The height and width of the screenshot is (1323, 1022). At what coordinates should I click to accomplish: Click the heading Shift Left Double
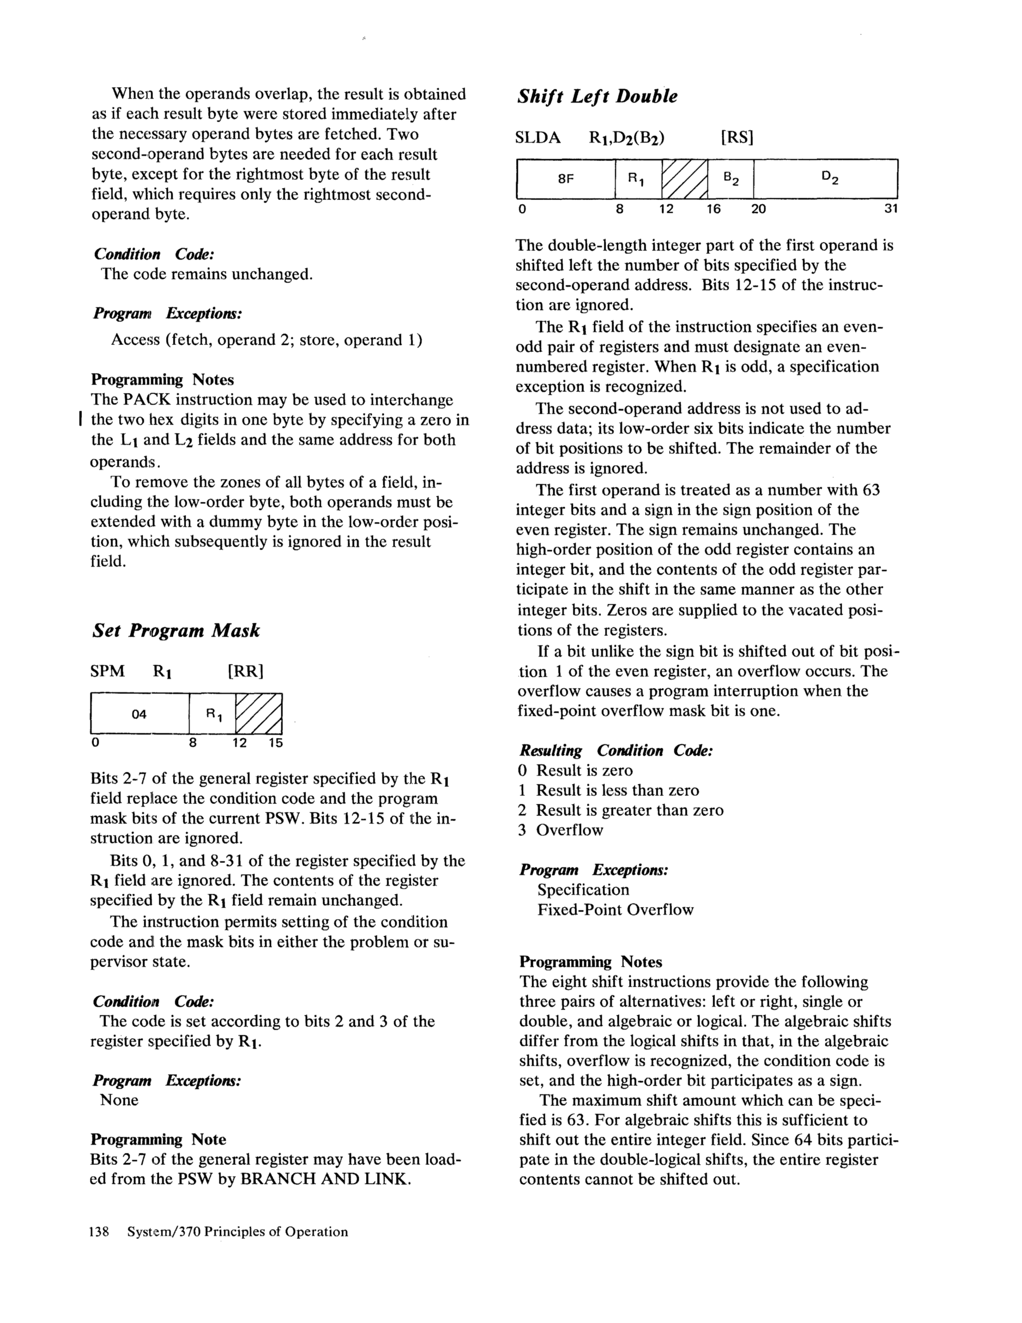597,96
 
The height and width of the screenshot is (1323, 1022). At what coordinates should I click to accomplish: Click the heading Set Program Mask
176,631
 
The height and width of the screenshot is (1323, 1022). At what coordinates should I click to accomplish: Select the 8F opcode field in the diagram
565,179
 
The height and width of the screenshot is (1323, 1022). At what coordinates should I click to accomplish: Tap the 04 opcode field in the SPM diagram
139,714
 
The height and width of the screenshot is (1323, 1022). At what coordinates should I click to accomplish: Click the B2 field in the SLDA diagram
731,179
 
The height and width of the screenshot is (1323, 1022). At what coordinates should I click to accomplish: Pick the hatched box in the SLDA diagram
685,179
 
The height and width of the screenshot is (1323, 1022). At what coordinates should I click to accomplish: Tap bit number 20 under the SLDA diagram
758,210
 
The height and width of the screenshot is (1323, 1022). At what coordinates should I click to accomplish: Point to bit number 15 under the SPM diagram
276,743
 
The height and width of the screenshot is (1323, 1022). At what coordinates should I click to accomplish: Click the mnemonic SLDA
538,138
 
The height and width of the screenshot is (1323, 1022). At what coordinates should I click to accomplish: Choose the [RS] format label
737,138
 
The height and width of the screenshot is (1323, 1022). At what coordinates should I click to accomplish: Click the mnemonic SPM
108,671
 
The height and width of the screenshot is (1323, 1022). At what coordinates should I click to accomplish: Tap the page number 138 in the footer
99,1231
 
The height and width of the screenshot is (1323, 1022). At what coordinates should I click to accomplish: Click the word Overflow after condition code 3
569,830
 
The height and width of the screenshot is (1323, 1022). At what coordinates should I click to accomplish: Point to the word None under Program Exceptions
119,1100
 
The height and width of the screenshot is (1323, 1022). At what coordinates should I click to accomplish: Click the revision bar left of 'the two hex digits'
81,419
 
